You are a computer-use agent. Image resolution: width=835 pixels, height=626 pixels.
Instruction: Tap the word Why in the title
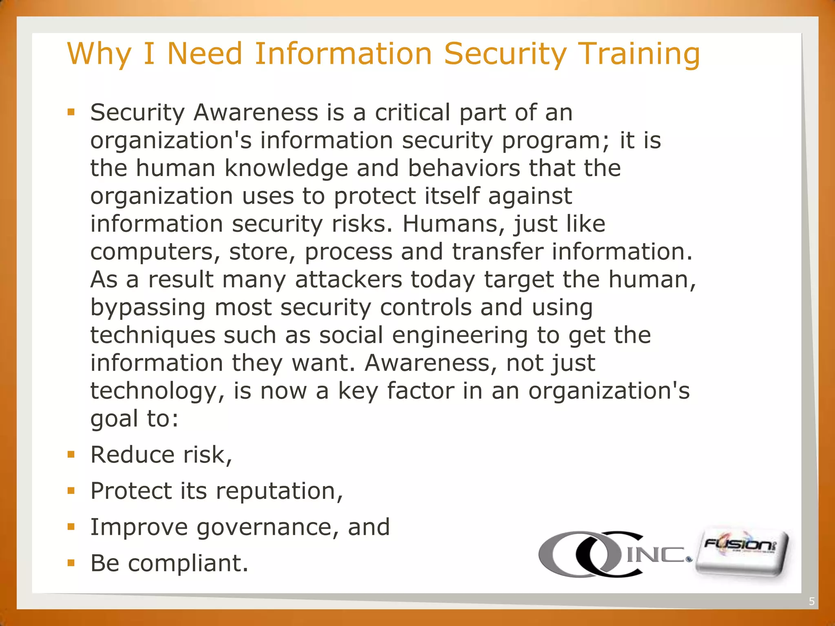pos(99,54)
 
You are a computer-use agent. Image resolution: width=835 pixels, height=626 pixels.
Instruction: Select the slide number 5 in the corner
pos(811,602)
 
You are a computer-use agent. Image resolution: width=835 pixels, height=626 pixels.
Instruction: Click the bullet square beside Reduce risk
pos(71,454)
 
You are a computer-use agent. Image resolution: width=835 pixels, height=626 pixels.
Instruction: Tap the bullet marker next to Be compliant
pos(71,563)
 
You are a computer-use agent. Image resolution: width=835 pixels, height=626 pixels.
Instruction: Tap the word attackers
pos(348,280)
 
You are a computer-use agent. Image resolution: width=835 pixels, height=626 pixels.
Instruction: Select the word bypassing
pos(148,307)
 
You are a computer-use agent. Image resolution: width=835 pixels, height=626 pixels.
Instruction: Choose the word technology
pos(154,391)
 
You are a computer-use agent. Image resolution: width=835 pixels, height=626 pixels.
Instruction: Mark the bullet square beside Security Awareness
pos(71,112)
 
